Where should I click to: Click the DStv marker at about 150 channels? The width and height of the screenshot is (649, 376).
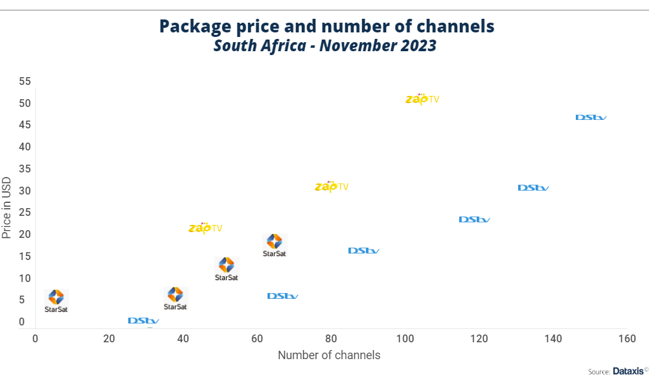591,117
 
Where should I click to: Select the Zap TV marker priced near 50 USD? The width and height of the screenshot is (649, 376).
422,99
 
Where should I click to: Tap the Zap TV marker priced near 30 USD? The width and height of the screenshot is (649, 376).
332,187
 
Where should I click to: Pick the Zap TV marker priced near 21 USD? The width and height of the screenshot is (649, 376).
205,228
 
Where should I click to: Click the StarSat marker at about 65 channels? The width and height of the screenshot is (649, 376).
274,245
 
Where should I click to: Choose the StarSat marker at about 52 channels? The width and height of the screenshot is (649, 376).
226,268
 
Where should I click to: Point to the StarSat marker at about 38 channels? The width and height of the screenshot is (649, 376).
175,298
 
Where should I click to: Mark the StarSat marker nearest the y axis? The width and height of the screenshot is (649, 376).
56,301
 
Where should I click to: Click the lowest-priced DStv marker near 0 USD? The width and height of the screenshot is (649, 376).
143,321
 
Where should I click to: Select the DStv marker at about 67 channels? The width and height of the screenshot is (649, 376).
282,296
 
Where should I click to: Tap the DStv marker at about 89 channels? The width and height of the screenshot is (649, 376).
363,251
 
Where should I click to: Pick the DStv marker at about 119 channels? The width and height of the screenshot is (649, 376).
474,220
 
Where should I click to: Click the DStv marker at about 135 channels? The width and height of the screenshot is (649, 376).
533,188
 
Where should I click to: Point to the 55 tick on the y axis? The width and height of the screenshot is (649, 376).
25,82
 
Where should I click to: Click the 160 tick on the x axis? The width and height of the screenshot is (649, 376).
627,338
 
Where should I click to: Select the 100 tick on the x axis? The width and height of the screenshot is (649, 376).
405,338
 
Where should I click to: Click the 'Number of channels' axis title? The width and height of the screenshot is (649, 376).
329,355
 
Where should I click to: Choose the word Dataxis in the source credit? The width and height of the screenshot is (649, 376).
627,371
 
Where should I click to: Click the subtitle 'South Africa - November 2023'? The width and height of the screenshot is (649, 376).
325,46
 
